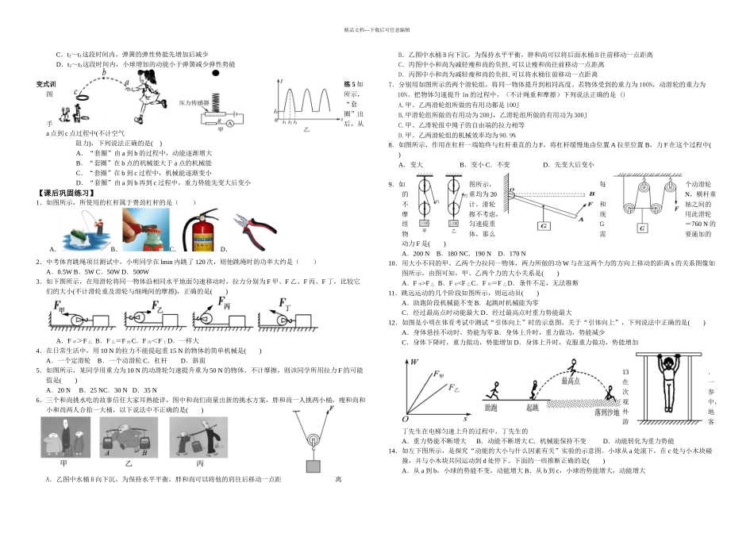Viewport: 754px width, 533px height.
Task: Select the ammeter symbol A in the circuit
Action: (229, 123)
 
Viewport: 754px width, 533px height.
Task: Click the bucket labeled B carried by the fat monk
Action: (149, 454)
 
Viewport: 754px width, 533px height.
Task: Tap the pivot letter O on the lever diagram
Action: (513, 190)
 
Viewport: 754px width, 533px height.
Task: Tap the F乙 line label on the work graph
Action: (455, 388)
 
